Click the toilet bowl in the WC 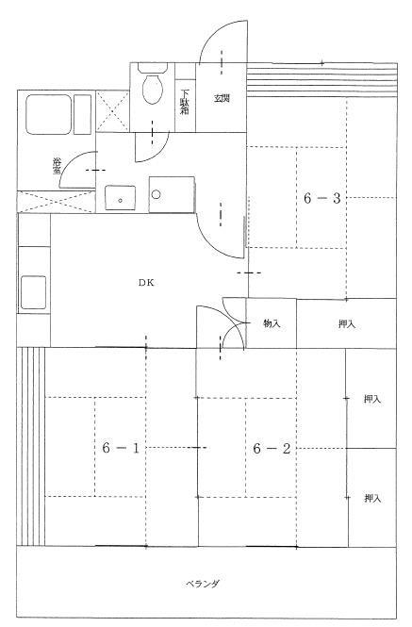[x=153, y=90]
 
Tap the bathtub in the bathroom [x=49, y=114]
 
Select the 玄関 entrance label [x=222, y=98]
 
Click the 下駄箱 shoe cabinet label [x=185, y=102]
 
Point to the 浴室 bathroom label [x=58, y=166]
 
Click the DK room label [x=146, y=283]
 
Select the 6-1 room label [x=121, y=448]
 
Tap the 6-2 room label [x=272, y=449]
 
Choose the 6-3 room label [x=322, y=198]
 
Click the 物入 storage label [x=272, y=323]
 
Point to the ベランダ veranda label [x=203, y=584]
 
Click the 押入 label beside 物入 [x=347, y=324]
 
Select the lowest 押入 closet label [x=372, y=498]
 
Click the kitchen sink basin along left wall [x=33, y=292]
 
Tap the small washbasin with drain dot [x=120, y=198]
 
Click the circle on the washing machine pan [x=156, y=195]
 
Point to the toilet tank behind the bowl [x=153, y=68]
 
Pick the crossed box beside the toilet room [x=113, y=111]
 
